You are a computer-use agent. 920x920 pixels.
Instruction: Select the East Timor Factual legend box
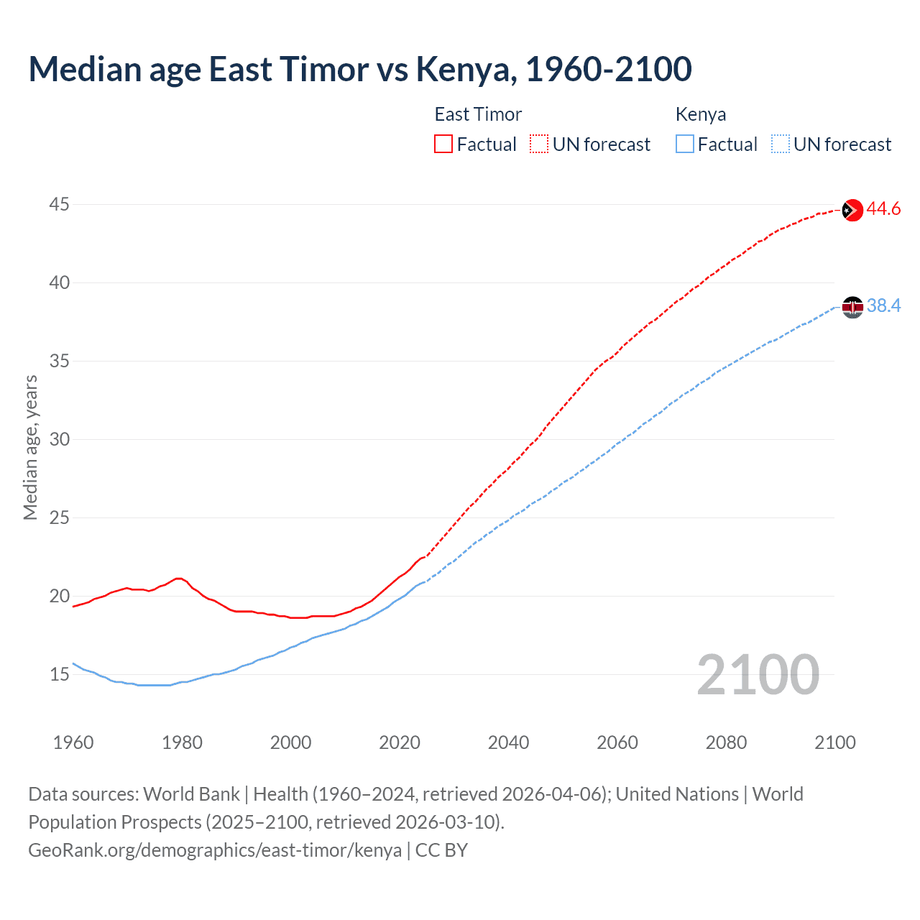(x=443, y=144)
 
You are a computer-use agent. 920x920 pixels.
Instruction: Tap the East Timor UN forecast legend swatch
(x=539, y=144)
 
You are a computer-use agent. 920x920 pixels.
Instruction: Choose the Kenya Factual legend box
(x=685, y=144)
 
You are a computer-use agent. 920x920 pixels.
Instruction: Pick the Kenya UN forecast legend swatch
(x=780, y=144)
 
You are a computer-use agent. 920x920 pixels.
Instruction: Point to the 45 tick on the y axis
(x=59, y=205)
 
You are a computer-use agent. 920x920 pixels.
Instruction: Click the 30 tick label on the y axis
(x=59, y=439)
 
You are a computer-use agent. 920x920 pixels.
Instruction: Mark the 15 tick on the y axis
(x=59, y=674)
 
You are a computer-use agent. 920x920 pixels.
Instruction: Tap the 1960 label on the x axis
(x=73, y=742)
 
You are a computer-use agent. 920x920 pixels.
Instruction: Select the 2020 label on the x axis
(x=400, y=742)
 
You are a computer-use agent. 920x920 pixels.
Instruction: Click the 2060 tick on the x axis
(x=617, y=742)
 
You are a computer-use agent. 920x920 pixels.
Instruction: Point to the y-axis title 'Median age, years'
(x=30, y=447)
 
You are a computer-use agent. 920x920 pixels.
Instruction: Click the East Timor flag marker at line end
(x=852, y=210)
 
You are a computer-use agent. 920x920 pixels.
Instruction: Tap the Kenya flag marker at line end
(x=852, y=307)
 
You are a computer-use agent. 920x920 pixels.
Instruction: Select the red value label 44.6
(x=883, y=209)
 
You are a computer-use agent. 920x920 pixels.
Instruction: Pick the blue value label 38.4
(x=883, y=306)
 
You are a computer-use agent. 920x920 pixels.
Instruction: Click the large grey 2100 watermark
(x=758, y=674)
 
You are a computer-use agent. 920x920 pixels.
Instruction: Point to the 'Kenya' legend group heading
(x=701, y=114)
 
